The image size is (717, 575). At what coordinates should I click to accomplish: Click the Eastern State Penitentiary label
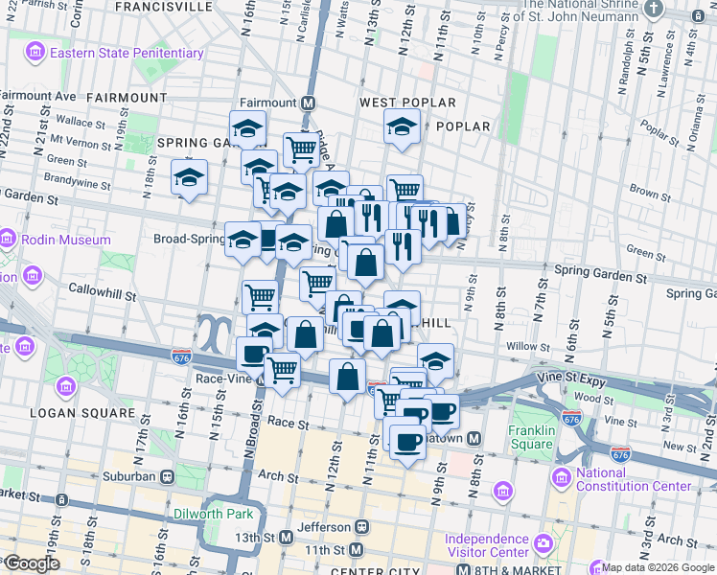pos(127,53)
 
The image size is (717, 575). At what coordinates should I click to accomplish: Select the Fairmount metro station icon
pos(309,103)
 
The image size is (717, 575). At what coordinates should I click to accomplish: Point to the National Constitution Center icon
pos(562,476)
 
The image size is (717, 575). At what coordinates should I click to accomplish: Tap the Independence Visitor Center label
pos(487,545)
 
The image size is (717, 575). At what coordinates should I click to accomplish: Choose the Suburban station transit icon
pos(167,475)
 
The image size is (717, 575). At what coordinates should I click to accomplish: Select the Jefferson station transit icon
pos(362,526)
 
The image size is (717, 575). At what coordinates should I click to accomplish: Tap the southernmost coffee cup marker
pos(407,443)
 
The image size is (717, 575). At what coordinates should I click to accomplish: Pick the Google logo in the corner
pos(31,563)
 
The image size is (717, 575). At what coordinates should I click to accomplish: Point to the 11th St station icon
pos(356,549)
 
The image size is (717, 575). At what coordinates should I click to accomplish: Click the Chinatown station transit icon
pos(487,438)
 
